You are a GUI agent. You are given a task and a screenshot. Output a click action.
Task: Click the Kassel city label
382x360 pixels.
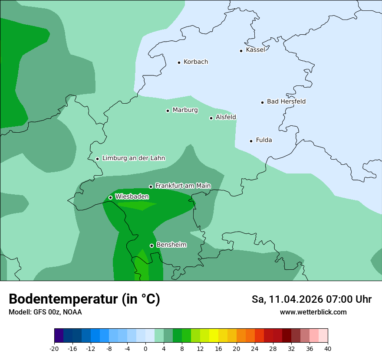tap(255, 50)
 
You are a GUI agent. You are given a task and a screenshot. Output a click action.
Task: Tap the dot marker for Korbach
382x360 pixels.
tap(179, 62)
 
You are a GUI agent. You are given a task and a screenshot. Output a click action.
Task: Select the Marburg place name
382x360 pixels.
tap(185, 110)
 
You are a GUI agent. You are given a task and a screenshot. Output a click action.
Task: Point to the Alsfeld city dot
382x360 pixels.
tap(211, 118)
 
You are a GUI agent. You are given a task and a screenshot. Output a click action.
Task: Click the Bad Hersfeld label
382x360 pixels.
tap(286, 101)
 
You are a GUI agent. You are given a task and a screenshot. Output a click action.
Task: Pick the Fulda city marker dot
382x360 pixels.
tap(251, 141)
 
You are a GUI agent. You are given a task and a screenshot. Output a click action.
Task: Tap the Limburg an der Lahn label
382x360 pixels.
tap(133, 158)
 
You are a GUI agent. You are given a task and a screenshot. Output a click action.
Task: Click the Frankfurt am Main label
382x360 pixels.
tap(183, 186)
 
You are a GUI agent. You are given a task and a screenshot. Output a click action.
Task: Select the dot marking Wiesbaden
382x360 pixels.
tap(110, 198)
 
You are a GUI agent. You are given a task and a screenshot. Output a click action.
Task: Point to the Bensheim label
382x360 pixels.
tap(171, 245)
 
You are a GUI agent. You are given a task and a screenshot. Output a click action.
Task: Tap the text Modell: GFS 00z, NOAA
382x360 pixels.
tap(45, 312)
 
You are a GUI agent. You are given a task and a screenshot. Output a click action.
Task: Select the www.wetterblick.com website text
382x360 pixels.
tap(313, 312)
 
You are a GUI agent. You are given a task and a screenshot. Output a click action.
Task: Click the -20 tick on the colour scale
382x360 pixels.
tap(54, 348)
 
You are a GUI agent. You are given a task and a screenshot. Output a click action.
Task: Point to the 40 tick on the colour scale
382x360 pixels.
tap(327, 348)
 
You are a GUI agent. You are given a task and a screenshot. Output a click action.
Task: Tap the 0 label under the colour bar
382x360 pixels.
tap(145, 348)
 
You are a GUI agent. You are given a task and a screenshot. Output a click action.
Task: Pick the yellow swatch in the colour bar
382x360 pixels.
tap(214, 336)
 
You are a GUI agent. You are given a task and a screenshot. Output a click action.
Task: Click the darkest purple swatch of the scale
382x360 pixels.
tap(59, 336)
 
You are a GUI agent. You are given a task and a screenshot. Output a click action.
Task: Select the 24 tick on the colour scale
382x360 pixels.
tap(255, 348)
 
